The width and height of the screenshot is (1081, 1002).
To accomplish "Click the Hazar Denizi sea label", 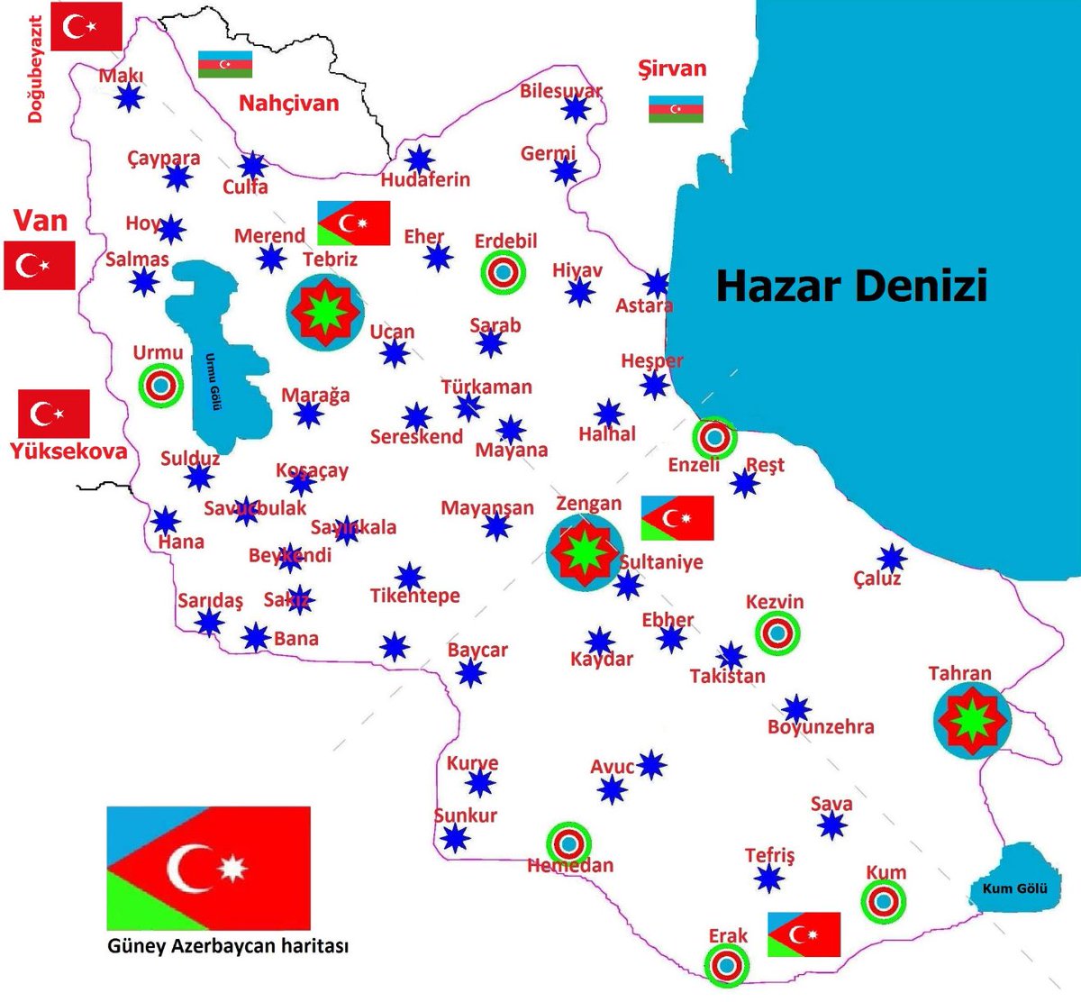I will click(851, 285).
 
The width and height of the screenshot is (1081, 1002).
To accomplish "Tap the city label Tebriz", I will click(330, 260).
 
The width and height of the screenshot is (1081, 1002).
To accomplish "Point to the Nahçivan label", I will click(288, 103).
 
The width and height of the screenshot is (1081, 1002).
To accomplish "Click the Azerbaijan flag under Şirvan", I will click(676, 109).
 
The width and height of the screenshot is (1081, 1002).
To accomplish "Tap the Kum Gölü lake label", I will click(1014, 888).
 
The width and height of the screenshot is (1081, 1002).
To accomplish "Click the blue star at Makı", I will click(130, 96).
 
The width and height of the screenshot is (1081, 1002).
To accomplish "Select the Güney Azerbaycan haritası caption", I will click(228, 946).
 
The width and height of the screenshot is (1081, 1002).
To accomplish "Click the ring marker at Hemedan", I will click(568, 844).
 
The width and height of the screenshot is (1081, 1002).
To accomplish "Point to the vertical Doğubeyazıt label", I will click(35, 69).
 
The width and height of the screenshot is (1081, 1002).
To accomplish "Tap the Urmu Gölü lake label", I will click(213, 380).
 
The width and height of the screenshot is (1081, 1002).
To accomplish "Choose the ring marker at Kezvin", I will click(777, 633).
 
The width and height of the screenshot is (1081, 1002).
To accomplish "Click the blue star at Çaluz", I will click(892, 558).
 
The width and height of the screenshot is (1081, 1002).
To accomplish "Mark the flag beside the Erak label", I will click(804, 934).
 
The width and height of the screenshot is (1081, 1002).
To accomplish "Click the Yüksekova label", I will click(68, 451).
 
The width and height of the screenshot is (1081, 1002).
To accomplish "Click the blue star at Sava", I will click(831, 824).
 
